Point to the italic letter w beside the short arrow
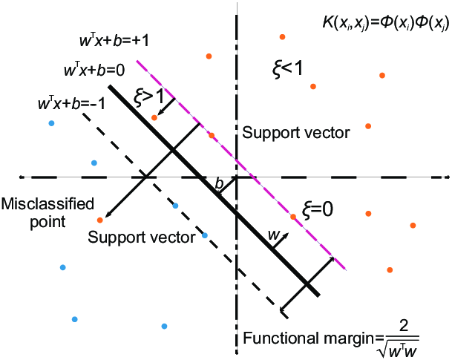272,235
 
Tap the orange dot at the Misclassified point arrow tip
99,219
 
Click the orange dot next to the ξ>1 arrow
154,117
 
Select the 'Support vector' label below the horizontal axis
141,238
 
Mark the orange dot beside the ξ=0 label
293,217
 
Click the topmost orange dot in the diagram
282,36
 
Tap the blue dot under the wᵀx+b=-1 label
50,122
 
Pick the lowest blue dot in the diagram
164,325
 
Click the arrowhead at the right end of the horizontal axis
447,177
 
